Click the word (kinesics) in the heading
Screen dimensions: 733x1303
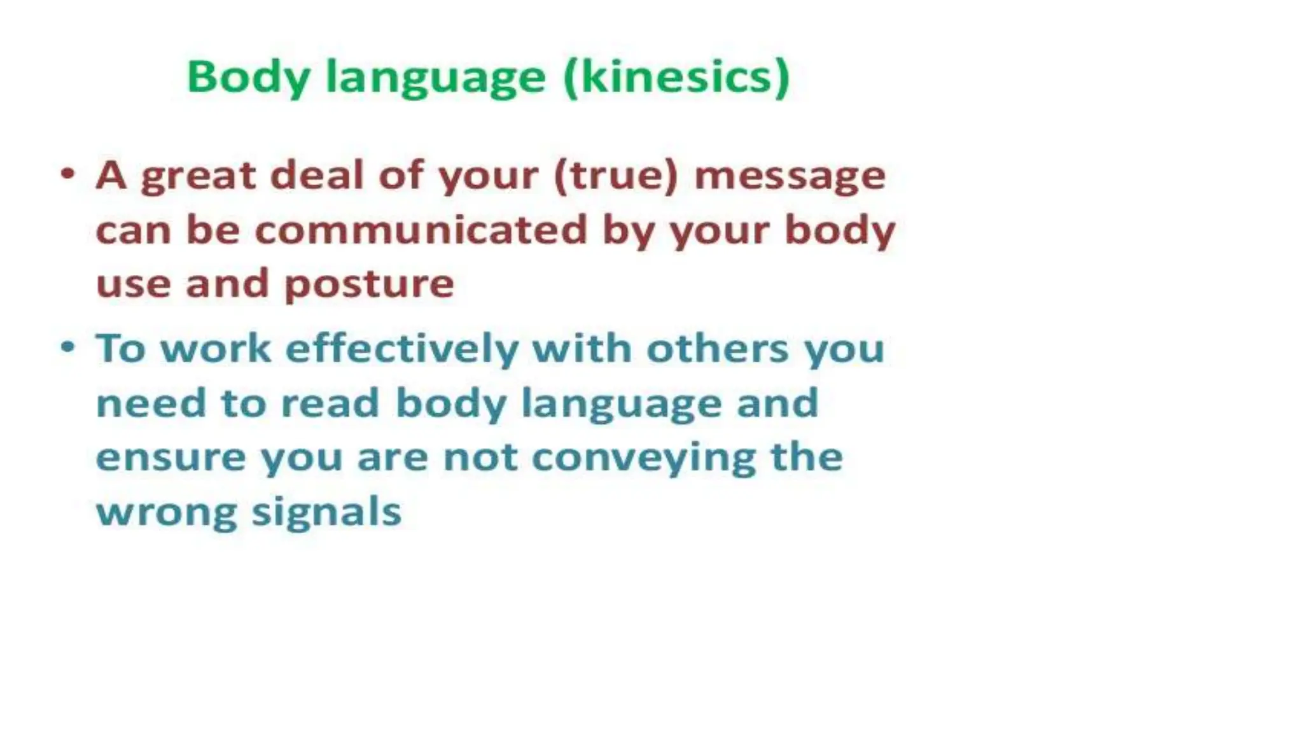pos(677,78)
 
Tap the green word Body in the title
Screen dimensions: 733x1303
pos(248,78)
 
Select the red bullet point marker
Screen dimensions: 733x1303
pos(68,174)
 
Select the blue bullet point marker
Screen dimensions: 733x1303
pos(68,347)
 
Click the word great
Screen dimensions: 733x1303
pos(198,176)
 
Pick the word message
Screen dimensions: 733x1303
pos(790,177)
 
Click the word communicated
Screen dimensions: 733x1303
pos(421,230)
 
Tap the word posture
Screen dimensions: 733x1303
pos(369,284)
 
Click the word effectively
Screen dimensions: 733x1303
pos(402,349)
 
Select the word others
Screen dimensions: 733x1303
pos(717,349)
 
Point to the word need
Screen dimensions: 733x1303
pos(151,403)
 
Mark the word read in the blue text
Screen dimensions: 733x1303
pos(330,403)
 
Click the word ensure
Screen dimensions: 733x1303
pos(171,457)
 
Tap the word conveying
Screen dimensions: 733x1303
pos(643,459)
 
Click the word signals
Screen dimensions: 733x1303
pos(326,513)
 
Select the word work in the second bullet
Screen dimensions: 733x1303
pos(216,349)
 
